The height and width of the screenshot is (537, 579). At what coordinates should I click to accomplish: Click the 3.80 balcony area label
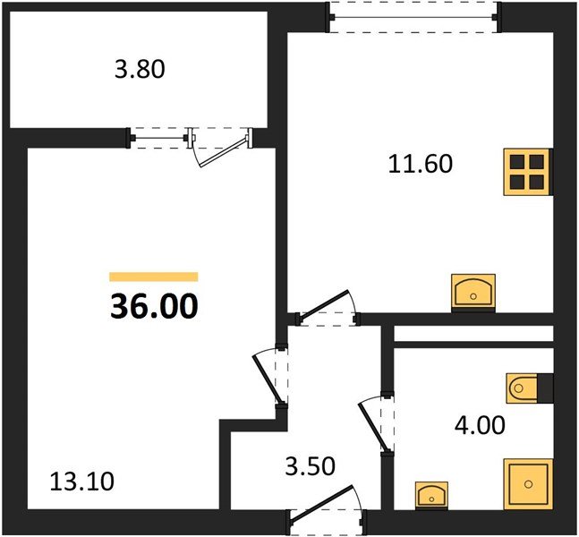140,70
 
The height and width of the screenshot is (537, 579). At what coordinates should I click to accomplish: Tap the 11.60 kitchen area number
421,164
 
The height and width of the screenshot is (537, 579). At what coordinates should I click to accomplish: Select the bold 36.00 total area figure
154,307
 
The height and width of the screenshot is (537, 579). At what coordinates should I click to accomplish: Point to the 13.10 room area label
82,482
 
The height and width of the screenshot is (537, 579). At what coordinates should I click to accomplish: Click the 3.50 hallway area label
311,466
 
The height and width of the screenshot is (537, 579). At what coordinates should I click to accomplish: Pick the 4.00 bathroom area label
480,425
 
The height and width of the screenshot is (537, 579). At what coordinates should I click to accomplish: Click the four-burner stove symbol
527,172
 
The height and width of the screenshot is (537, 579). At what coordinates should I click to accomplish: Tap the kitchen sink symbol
473,292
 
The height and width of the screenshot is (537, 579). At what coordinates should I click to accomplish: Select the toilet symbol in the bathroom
522,388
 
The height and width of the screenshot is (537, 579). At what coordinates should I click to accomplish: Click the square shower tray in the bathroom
528,484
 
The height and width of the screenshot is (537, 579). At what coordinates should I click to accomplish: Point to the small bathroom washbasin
431,495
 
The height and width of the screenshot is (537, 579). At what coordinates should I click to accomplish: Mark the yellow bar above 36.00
154,277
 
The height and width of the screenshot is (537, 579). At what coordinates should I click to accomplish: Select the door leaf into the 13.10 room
268,379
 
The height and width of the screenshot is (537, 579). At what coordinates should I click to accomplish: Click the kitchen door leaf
324,306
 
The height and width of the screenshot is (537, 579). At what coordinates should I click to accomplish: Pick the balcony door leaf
223,152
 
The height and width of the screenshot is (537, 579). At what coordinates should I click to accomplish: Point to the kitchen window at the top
413,17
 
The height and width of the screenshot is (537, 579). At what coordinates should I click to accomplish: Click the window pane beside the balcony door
159,139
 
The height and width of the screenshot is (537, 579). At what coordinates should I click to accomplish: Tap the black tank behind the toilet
545,388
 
